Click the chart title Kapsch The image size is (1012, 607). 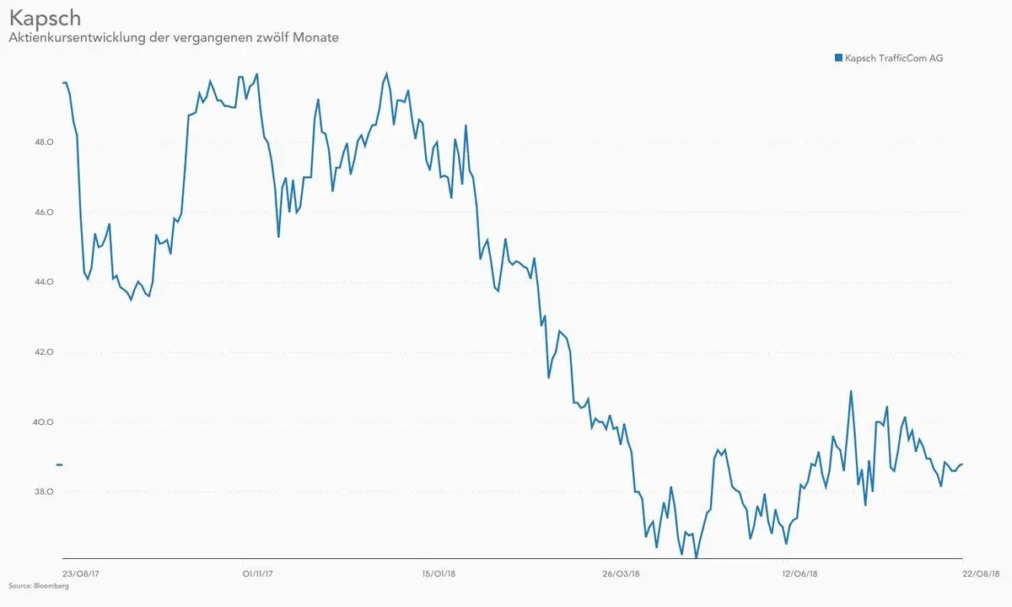click(45, 18)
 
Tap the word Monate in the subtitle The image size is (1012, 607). click(315, 38)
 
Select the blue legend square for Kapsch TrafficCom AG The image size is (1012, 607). click(838, 58)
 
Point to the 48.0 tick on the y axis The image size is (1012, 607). click(44, 142)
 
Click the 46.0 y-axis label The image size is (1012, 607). click(44, 212)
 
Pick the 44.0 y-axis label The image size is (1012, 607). click(44, 282)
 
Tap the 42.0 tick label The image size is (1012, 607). click(44, 352)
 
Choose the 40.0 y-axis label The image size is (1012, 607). click(44, 422)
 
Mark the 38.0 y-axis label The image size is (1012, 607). click(44, 492)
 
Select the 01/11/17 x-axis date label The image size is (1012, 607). click(258, 573)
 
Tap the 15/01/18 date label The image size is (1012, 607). click(439, 573)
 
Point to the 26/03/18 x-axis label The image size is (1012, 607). click(620, 573)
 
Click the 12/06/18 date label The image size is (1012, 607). click(799, 573)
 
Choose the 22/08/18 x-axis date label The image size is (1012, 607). click(980, 573)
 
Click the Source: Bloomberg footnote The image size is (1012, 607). click(39, 585)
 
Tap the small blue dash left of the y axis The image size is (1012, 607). click(59, 465)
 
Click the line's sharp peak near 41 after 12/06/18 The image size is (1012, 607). click(851, 391)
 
